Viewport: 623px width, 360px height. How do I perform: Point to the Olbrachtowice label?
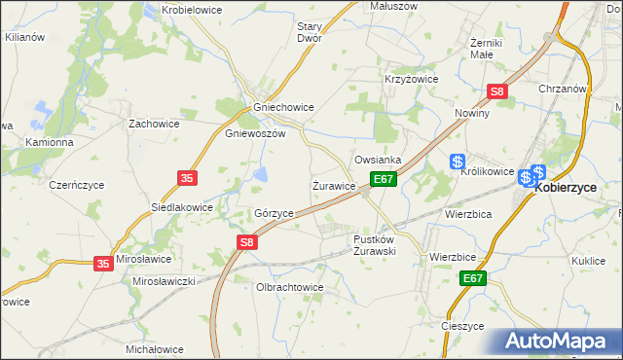click(x=288, y=288)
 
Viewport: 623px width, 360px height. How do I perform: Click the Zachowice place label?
click(x=152, y=125)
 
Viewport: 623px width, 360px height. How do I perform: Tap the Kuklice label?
click(x=589, y=261)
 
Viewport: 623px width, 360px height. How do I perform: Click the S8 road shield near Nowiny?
click(x=497, y=92)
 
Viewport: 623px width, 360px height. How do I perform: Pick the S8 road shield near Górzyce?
click(x=248, y=242)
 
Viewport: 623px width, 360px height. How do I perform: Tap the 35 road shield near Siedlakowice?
click(x=188, y=177)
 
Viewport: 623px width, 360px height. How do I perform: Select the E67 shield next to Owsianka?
click(x=383, y=179)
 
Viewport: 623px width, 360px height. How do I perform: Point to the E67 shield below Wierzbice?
click(x=472, y=278)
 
